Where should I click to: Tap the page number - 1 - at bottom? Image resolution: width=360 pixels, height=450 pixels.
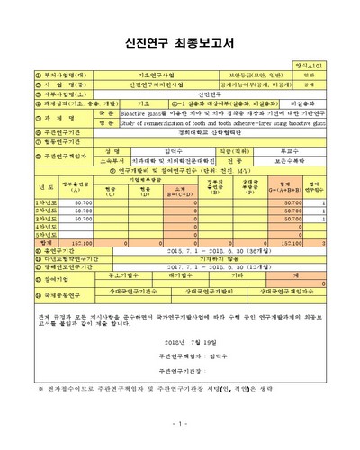pos(180,423)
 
